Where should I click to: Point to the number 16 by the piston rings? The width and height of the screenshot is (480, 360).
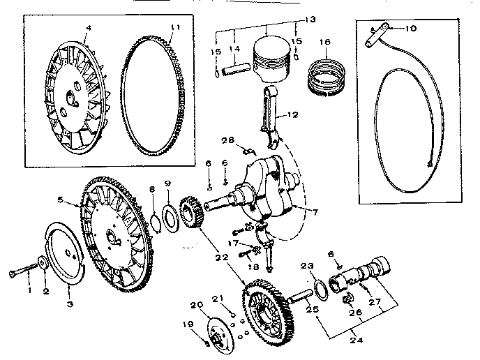[x=324, y=43]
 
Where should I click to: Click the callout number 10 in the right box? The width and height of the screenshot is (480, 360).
[x=411, y=28]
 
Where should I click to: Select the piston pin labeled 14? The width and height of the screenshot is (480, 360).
[x=236, y=70]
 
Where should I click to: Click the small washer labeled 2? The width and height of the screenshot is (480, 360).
[x=43, y=263]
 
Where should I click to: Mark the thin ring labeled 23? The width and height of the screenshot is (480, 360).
[x=318, y=286]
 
